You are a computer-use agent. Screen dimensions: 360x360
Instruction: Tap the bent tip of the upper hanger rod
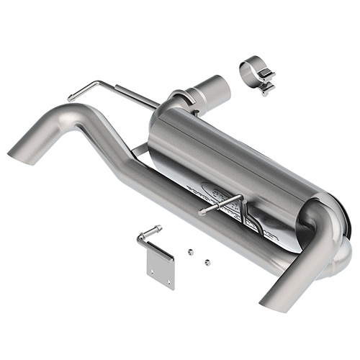72,96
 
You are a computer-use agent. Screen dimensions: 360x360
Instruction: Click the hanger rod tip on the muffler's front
202,212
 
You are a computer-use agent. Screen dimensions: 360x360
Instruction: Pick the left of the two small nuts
189,251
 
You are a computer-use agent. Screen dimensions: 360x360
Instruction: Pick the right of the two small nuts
207,261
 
